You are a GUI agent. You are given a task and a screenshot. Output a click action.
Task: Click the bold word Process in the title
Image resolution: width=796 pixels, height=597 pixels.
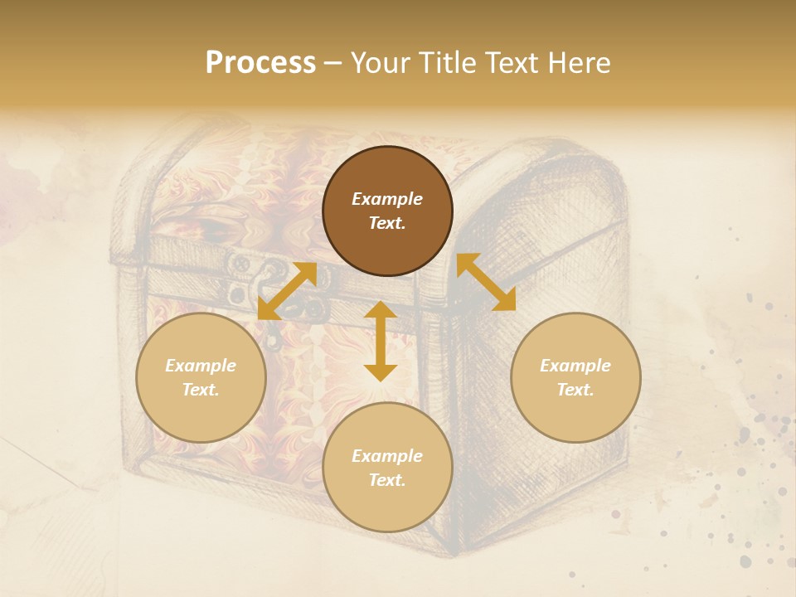coord(260,63)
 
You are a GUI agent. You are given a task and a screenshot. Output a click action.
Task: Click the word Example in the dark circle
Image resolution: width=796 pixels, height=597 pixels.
coord(387,199)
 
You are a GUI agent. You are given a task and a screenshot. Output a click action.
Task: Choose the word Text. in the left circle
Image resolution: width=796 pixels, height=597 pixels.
coord(201,390)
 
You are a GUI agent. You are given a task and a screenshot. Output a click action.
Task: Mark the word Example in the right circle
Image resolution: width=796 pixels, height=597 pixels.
coord(575,366)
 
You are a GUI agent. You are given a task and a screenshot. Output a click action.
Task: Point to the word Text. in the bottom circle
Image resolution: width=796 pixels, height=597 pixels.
coord(387,480)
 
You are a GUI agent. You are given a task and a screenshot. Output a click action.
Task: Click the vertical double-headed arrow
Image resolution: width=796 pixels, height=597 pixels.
coord(381,341)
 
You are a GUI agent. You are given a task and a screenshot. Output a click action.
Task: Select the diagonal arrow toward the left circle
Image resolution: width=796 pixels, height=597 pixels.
coord(287,290)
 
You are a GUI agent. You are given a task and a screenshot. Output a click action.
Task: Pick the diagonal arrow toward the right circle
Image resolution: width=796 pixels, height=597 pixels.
coord(486,282)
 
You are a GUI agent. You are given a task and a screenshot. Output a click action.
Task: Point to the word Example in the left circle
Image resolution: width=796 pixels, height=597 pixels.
coord(201,366)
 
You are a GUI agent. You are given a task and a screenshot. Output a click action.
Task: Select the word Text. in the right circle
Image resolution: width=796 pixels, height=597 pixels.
coord(575,390)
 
